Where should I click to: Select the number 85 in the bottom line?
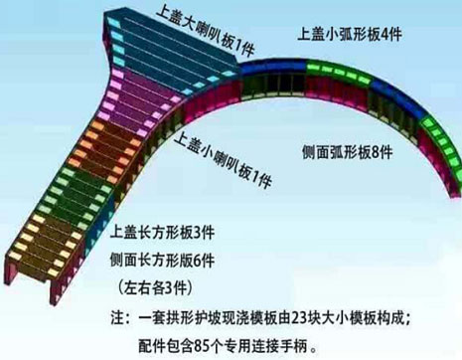click(223, 345)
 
